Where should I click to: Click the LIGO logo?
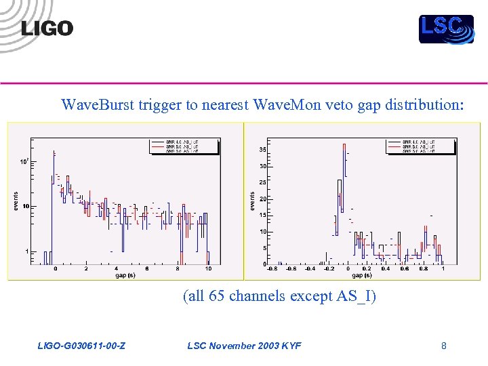[47, 28]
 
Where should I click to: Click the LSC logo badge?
[446, 28]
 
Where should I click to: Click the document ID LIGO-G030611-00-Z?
[81, 346]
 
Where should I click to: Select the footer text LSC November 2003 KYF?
[244, 346]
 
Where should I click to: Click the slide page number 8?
[443, 346]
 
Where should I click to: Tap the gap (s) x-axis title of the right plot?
[361, 276]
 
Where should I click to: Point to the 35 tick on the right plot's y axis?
[262, 150]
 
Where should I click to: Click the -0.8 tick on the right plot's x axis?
[271, 269]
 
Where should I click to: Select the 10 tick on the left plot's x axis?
[208, 269]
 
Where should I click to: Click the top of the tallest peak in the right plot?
[344, 144]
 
